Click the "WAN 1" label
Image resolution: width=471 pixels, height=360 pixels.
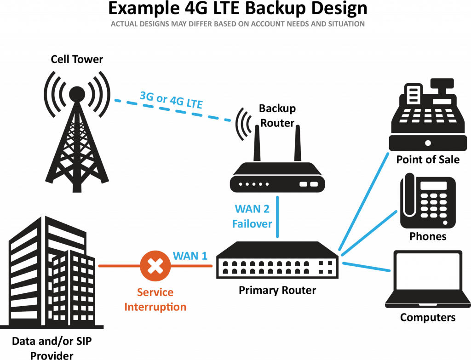click(190, 256)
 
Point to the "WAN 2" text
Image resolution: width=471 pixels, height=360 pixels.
click(252, 209)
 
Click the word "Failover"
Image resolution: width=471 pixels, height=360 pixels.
click(252, 224)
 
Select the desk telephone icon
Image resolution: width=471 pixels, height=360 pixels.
click(428, 202)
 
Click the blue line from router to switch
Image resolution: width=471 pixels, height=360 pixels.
click(277, 216)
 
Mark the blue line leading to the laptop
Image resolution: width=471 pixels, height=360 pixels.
click(366, 266)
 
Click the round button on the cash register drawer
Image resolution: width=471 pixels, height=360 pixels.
click(428, 143)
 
